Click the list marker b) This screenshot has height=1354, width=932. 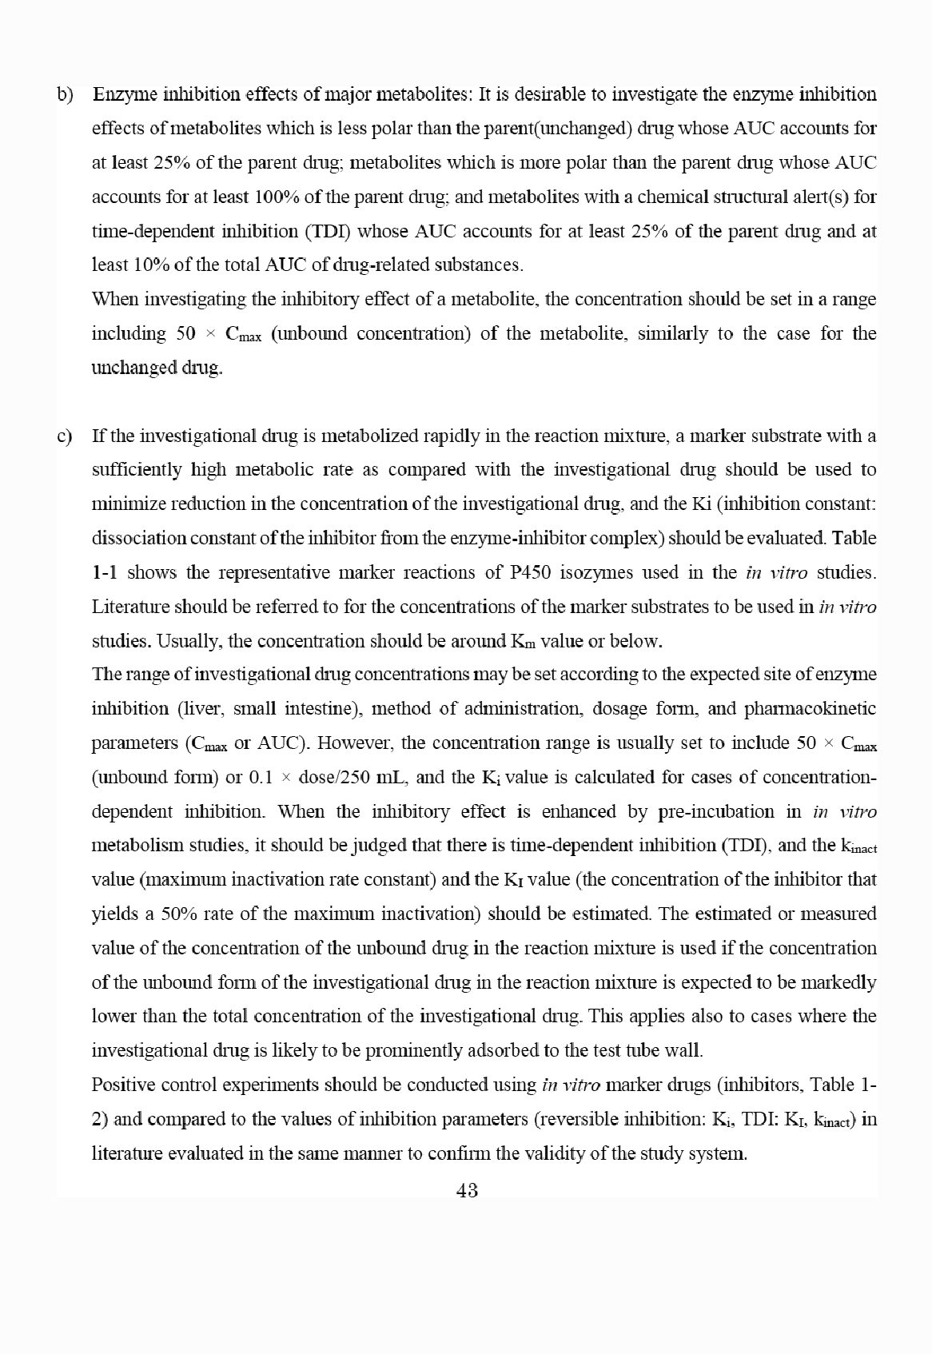(64, 95)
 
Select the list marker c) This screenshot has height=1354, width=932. (64, 436)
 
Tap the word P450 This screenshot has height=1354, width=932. (528, 572)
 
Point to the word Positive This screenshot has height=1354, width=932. (123, 1085)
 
